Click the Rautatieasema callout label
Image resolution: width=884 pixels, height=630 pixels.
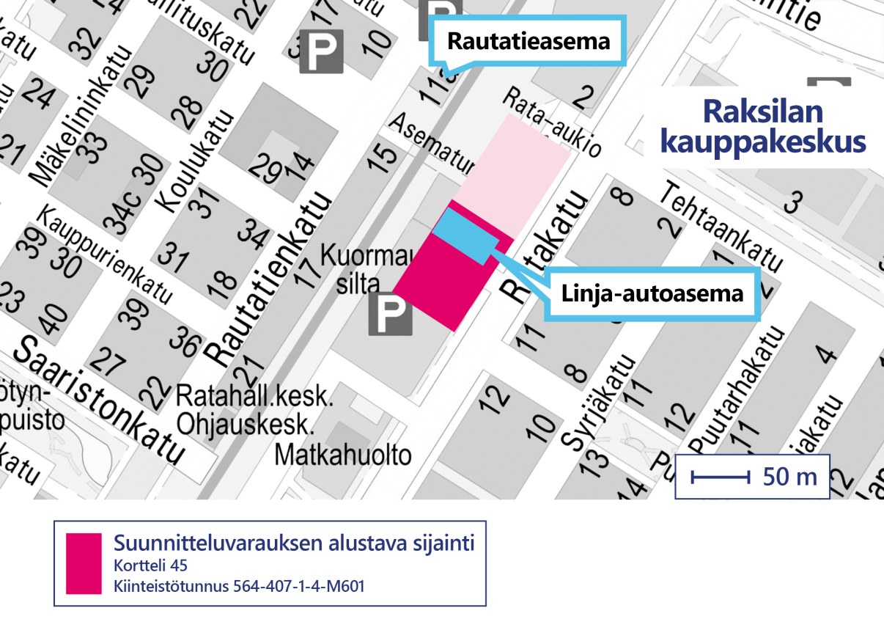528,41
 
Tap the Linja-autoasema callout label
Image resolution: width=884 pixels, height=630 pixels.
652,295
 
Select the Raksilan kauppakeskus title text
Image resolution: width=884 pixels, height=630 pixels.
762,127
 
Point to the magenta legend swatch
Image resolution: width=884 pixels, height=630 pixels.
83,563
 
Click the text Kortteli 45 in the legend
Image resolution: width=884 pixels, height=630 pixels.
150,567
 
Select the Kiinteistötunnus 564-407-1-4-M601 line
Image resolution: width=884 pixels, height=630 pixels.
239,587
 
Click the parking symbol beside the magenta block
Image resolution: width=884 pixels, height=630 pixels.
390,315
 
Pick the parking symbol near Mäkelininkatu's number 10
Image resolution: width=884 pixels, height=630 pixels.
321,51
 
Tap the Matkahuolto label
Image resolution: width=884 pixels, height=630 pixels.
343,455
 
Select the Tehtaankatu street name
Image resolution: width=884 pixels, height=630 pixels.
721,227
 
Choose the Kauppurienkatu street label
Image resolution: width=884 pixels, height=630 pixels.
106,255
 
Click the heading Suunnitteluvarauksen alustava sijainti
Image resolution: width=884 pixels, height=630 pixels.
294,543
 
